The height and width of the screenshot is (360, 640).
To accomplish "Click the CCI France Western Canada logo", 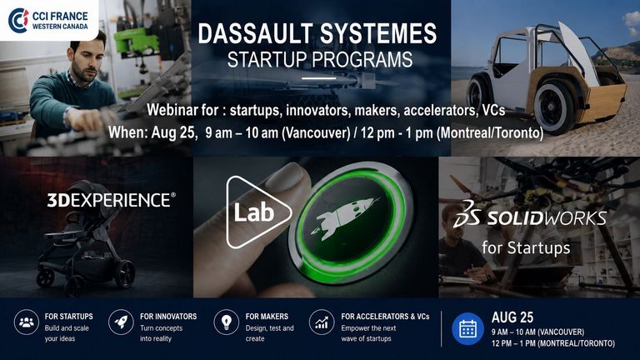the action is pyautogui.click(x=48, y=20).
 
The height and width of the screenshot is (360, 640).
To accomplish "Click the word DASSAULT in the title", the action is pyautogui.click(x=256, y=33).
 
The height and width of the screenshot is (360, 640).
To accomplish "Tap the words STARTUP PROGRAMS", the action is pyautogui.click(x=320, y=60).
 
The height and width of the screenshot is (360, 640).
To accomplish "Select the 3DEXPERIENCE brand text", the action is pyautogui.click(x=112, y=200).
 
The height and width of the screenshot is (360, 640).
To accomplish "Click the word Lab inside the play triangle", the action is pyautogui.click(x=253, y=212).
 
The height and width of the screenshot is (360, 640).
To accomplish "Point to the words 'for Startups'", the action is pyautogui.click(x=526, y=247).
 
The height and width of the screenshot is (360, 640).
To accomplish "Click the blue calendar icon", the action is pyautogui.click(x=467, y=329).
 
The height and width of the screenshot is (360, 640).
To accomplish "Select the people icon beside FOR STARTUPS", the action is pyautogui.click(x=27, y=322).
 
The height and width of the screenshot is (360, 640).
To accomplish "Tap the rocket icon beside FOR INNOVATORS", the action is pyautogui.click(x=121, y=322).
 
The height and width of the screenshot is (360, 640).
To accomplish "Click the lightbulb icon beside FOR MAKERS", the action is pyautogui.click(x=226, y=322).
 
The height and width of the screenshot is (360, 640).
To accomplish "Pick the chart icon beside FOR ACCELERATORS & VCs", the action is pyautogui.click(x=322, y=322).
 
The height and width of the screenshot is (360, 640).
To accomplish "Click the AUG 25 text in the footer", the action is pyautogui.click(x=512, y=317).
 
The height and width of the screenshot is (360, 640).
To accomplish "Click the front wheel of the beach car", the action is pyautogui.click(x=476, y=95).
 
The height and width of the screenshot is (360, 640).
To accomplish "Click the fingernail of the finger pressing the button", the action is pyautogui.click(x=285, y=177).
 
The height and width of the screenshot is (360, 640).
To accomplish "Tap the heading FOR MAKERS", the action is pyautogui.click(x=267, y=317).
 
